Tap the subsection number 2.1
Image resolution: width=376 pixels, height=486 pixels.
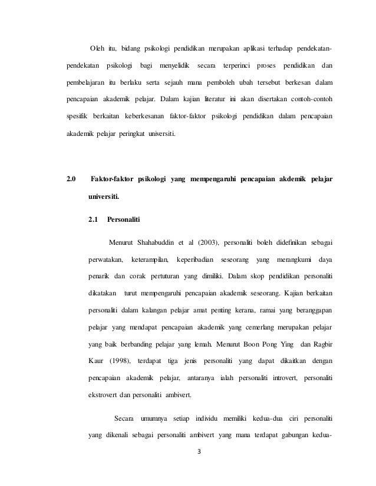click(x=93, y=219)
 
